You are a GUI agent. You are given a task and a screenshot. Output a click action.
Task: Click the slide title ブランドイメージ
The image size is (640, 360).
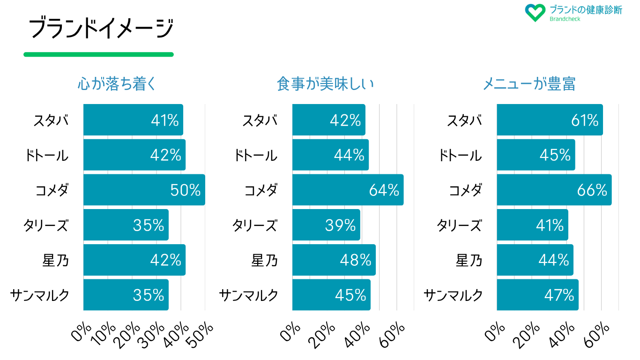(x=101, y=29)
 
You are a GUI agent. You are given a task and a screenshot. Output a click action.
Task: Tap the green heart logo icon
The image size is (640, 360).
(x=535, y=13)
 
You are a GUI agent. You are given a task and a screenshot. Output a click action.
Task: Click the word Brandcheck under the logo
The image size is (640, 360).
(x=565, y=19)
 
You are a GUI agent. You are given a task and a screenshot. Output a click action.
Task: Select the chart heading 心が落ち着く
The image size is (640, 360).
(x=116, y=84)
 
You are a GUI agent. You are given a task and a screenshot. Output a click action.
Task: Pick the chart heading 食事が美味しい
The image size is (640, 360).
(x=325, y=84)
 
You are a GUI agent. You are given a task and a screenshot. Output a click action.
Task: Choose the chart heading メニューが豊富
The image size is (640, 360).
(x=529, y=84)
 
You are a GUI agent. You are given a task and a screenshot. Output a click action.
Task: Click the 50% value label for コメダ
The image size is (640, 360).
(x=185, y=190)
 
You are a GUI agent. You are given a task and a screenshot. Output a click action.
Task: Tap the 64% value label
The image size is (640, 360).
(x=384, y=190)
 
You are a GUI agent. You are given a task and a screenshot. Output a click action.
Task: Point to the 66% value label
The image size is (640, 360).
(x=592, y=190)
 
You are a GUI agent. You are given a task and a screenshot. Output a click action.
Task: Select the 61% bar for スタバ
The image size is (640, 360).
(x=549, y=120)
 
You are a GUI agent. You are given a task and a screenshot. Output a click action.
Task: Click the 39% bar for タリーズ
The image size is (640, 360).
(x=326, y=225)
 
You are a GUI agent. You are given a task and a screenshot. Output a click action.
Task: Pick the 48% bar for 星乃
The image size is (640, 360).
(x=334, y=260)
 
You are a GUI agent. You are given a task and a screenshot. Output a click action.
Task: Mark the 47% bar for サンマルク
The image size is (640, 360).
(x=537, y=295)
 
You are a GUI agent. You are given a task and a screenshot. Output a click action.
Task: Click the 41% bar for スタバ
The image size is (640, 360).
(x=133, y=120)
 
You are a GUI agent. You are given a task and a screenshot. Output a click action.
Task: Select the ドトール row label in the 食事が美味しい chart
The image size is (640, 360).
(x=256, y=156)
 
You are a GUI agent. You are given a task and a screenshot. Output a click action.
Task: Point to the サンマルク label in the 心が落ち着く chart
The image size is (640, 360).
(x=40, y=295)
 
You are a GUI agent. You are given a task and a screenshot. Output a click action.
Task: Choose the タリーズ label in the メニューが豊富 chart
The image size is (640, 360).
(x=459, y=225)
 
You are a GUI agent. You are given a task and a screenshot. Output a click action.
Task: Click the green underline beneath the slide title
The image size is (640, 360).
(x=98, y=54)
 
